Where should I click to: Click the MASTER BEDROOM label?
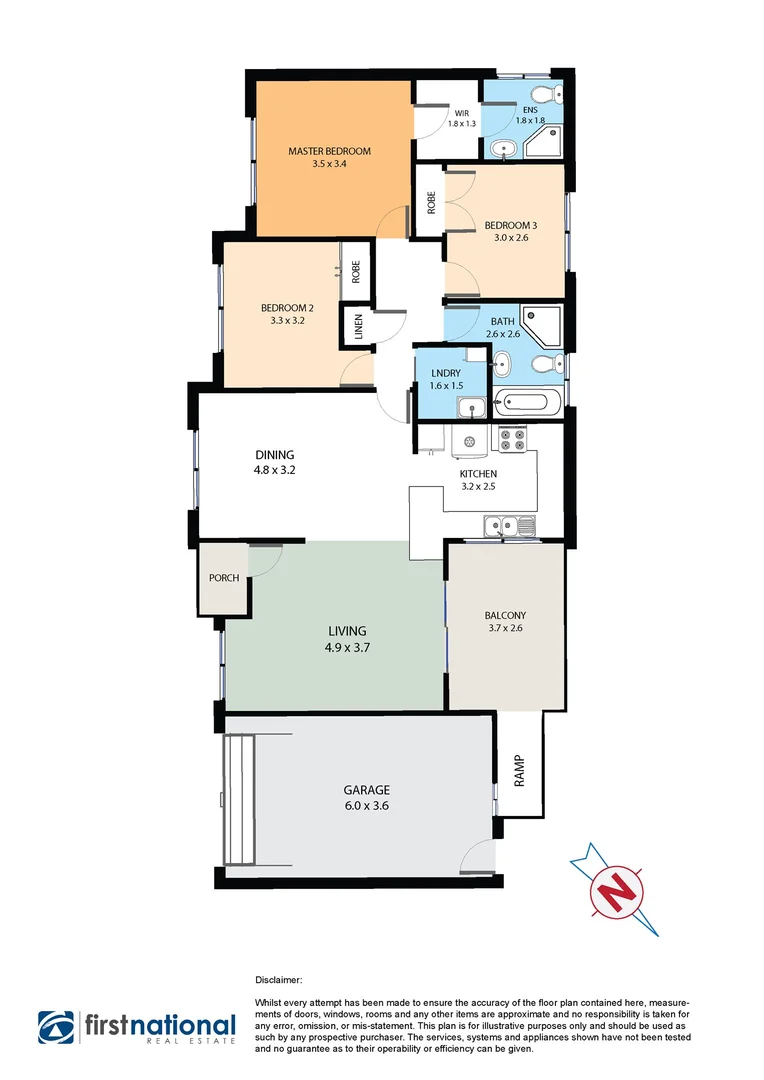point(329,152)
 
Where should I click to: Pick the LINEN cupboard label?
point(359,327)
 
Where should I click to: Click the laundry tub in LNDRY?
point(470,407)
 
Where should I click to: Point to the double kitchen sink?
point(509,524)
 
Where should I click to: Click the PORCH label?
point(223,578)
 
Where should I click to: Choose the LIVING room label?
point(347,631)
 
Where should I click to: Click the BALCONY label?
point(505,616)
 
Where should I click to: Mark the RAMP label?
point(519,770)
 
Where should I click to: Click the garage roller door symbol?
point(240,800)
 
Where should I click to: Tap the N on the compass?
point(620,885)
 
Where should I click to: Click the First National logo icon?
point(58,1027)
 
